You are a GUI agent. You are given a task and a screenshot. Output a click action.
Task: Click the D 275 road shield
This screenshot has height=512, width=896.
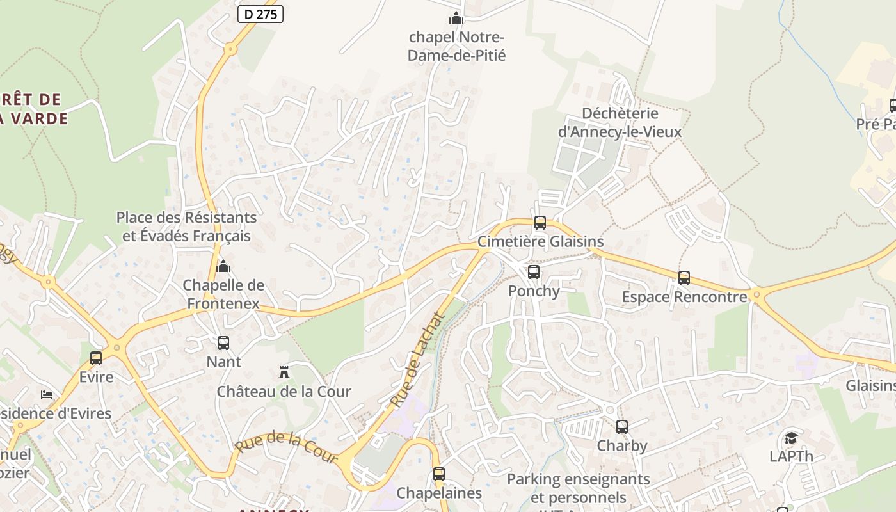click(260, 14)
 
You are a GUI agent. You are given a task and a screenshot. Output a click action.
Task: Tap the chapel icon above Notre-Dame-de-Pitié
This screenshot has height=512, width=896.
click(456, 18)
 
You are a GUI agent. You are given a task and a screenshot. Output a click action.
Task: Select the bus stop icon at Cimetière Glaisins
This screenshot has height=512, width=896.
click(540, 223)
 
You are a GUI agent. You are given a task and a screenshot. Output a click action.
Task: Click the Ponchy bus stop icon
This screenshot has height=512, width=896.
click(534, 272)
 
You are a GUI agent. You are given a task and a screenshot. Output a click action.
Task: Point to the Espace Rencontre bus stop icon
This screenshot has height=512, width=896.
click(684, 278)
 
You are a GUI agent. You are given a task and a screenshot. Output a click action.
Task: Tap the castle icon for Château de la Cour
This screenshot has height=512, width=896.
click(284, 372)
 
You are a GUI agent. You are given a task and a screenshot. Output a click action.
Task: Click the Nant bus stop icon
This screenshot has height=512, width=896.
click(223, 343)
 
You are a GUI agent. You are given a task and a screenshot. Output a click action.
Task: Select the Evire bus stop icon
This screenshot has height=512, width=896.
click(96, 358)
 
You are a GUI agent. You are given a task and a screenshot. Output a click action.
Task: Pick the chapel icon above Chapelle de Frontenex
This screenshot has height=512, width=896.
click(223, 266)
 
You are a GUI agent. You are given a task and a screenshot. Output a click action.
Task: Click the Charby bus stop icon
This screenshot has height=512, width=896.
click(622, 427)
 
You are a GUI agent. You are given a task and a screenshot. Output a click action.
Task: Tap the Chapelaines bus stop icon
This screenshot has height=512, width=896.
click(439, 474)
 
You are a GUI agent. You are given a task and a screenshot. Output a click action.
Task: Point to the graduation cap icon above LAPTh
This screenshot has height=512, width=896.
click(792, 438)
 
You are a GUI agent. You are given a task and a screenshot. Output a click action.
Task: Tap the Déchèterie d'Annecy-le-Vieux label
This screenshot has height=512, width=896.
click(620, 122)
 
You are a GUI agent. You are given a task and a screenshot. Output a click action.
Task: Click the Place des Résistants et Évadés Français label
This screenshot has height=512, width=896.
click(186, 227)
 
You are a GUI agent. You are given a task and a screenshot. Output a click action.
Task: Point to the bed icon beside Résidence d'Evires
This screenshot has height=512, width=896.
click(47, 394)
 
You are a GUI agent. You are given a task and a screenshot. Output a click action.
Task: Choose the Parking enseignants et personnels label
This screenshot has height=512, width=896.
click(579, 488)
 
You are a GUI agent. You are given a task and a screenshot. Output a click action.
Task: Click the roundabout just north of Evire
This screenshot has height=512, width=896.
click(49, 281)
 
